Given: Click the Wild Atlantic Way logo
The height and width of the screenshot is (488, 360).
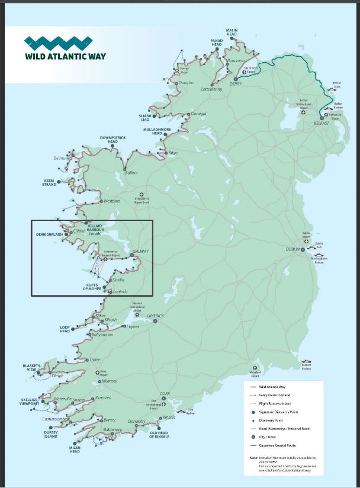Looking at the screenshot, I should coord(58,49).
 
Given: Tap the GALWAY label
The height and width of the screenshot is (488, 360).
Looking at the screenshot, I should coord(140,252).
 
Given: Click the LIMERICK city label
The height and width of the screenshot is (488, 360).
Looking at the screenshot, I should coord(159,316).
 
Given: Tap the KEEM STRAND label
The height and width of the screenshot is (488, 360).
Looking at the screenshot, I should coord(49,182).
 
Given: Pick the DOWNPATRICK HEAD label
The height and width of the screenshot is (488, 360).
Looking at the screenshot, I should coord(113,139).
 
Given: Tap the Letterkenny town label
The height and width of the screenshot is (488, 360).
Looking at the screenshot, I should coord(211,89).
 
